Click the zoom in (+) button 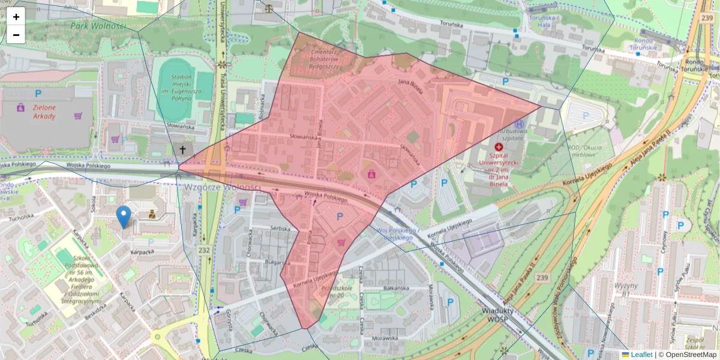click(x=16, y=17)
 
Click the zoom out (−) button click(x=16, y=35)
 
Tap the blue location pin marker click(x=124, y=217)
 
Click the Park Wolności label click(x=97, y=26)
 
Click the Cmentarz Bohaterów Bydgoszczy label click(x=325, y=59)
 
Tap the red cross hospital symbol click(x=499, y=146)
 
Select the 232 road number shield click(x=205, y=250)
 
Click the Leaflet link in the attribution click(x=641, y=355)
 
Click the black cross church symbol click(x=182, y=149)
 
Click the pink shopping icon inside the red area click(x=372, y=174)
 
